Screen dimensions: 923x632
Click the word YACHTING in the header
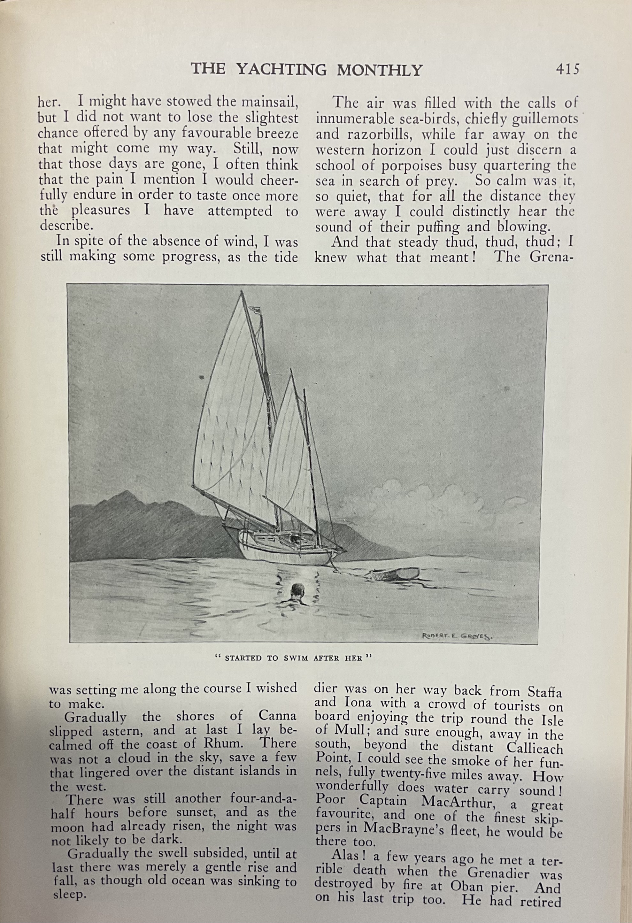coord(281,70)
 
